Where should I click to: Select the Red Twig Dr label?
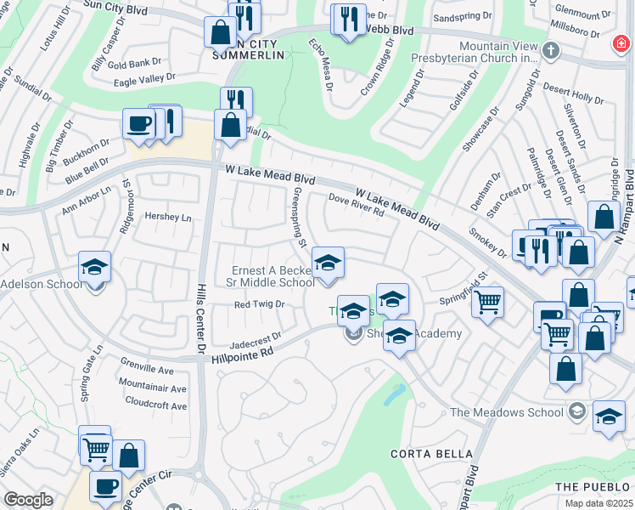click(x=259, y=303)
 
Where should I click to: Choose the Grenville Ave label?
click(x=146, y=370)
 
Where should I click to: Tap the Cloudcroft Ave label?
click(x=155, y=406)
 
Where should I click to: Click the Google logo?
click(x=28, y=500)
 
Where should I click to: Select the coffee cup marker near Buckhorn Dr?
click(x=138, y=123)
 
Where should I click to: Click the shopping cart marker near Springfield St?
click(x=487, y=301)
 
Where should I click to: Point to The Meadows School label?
click(x=506, y=413)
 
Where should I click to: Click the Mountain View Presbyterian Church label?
click(x=498, y=53)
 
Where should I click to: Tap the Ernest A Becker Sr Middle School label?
click(x=273, y=277)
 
